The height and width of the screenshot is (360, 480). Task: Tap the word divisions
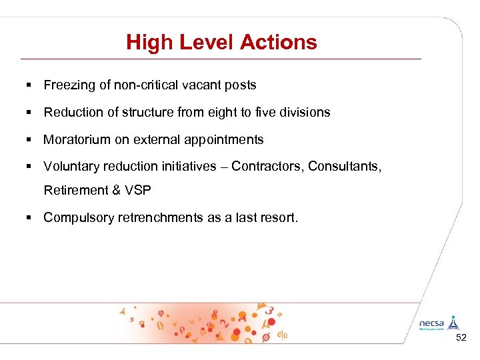pos(305,112)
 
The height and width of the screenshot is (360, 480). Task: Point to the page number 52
pos(461,339)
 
